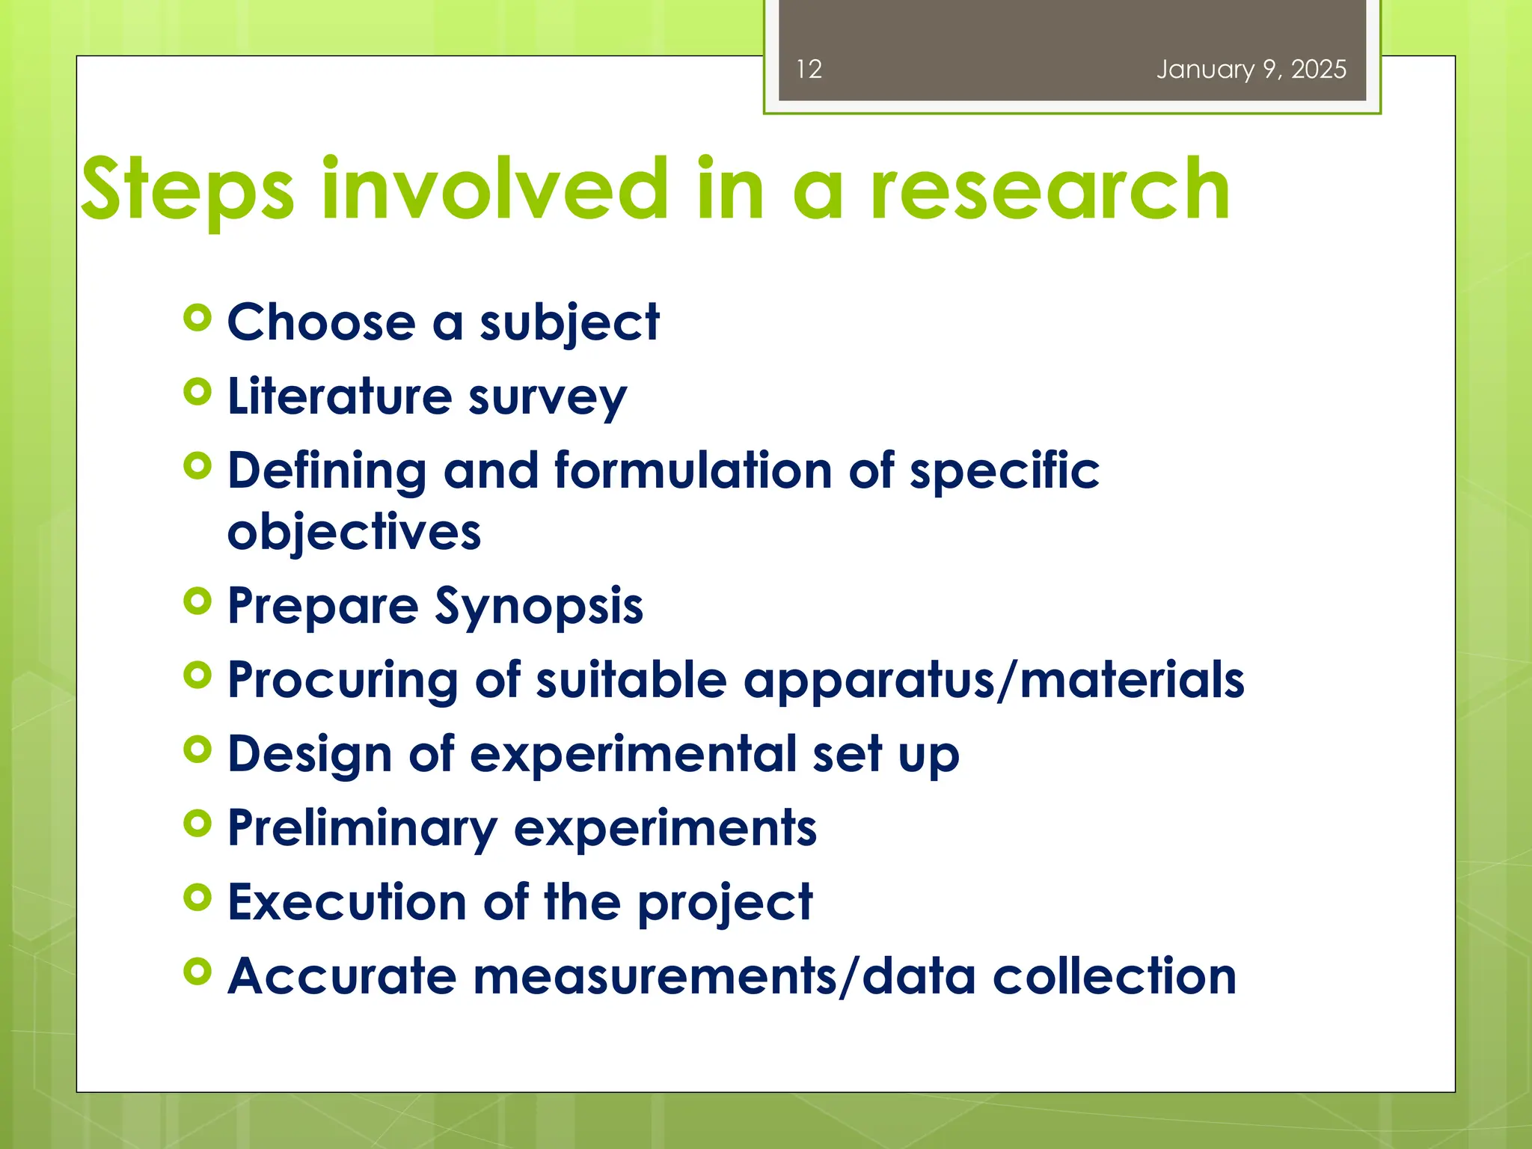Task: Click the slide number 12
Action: pyautogui.click(x=809, y=70)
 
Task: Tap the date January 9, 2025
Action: pyautogui.click(x=1251, y=70)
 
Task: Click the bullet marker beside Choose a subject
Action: pyautogui.click(x=197, y=319)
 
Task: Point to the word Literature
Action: pyautogui.click(x=340, y=396)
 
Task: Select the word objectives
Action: pyautogui.click(x=354, y=533)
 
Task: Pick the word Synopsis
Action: pyautogui.click(x=539, y=606)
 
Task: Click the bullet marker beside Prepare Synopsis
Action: pyautogui.click(x=197, y=601)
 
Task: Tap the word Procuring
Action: pyautogui.click(x=343, y=681)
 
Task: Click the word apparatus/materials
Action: pyautogui.click(x=994, y=681)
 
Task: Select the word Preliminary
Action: pyautogui.click(x=362, y=829)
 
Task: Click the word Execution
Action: pyautogui.click(x=347, y=902)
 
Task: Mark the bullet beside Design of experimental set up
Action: pyautogui.click(x=197, y=750)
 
